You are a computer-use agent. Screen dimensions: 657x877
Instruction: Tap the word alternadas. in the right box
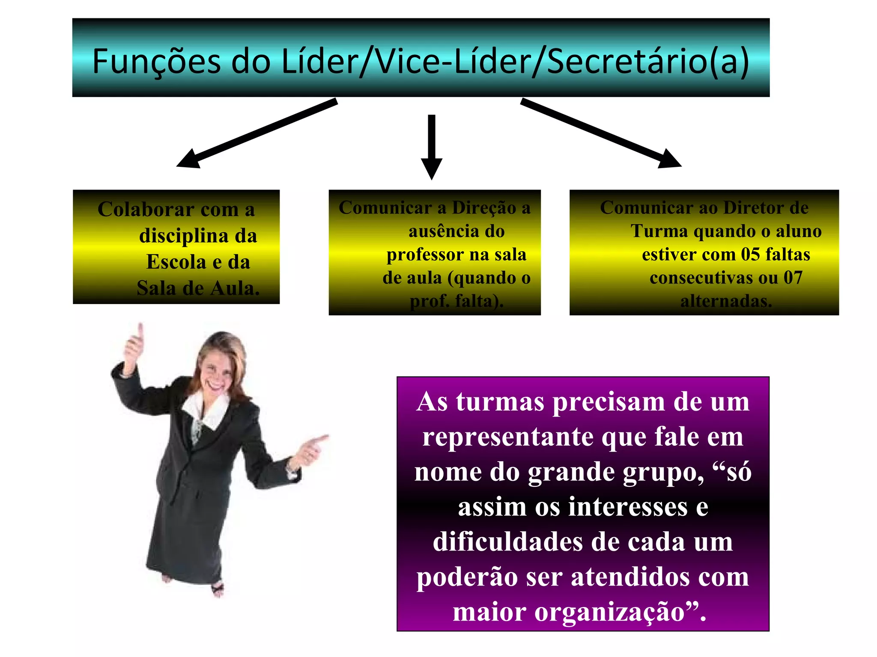726,301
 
